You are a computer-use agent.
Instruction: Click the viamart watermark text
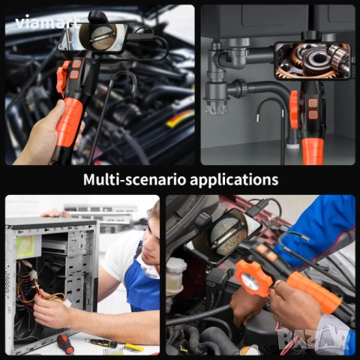(x=46, y=23)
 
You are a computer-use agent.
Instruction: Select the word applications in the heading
(x=234, y=180)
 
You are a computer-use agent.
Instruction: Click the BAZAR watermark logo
(x=313, y=337)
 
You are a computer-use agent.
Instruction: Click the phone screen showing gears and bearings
(x=312, y=61)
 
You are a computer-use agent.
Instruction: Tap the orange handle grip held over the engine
(x=68, y=121)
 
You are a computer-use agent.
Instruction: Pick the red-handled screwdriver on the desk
(x=64, y=343)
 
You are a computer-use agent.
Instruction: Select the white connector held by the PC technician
(x=67, y=303)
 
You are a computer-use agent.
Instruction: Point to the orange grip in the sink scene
(x=313, y=151)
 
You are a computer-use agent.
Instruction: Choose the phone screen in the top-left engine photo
(x=93, y=38)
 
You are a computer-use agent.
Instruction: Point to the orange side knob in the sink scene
(x=294, y=109)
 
